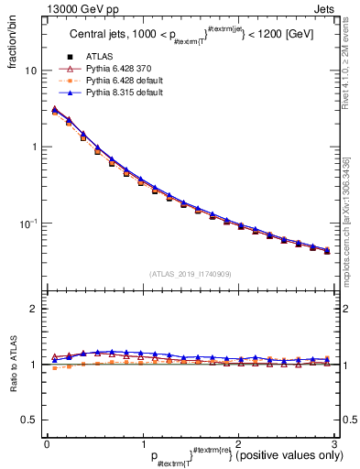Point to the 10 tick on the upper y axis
click(30, 71)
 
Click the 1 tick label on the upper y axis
click(33, 147)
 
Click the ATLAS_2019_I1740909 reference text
click(191, 274)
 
